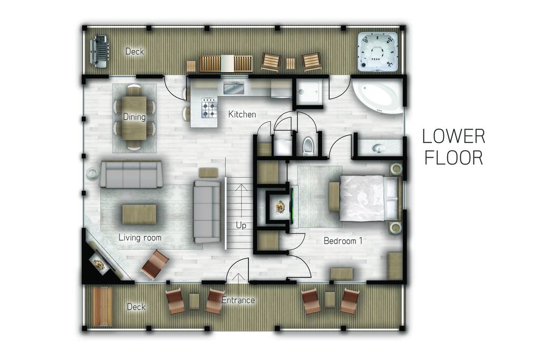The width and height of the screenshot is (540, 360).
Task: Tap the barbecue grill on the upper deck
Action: pyautogui.click(x=99, y=51)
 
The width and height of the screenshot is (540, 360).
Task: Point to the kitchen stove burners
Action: pyautogui.click(x=209, y=109)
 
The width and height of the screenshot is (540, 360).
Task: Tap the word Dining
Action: pyautogui.click(x=134, y=117)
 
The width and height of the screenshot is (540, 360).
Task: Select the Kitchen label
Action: pyautogui.click(x=242, y=114)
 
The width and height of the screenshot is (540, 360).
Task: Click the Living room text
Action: pyautogui.click(x=140, y=238)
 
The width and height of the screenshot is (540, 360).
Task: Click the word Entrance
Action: pyautogui.click(x=238, y=300)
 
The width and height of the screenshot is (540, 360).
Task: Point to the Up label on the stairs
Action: pyautogui.click(x=241, y=225)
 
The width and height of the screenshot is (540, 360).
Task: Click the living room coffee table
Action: pyautogui.click(x=139, y=214)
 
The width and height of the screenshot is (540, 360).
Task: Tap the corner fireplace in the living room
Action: pyautogui.click(x=100, y=261)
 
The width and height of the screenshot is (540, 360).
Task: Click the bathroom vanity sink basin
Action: pyautogui.click(x=380, y=148)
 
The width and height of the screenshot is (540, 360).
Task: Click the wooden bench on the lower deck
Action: pyautogui.click(x=102, y=307)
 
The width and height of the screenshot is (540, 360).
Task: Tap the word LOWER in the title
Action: pyautogui.click(x=453, y=137)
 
